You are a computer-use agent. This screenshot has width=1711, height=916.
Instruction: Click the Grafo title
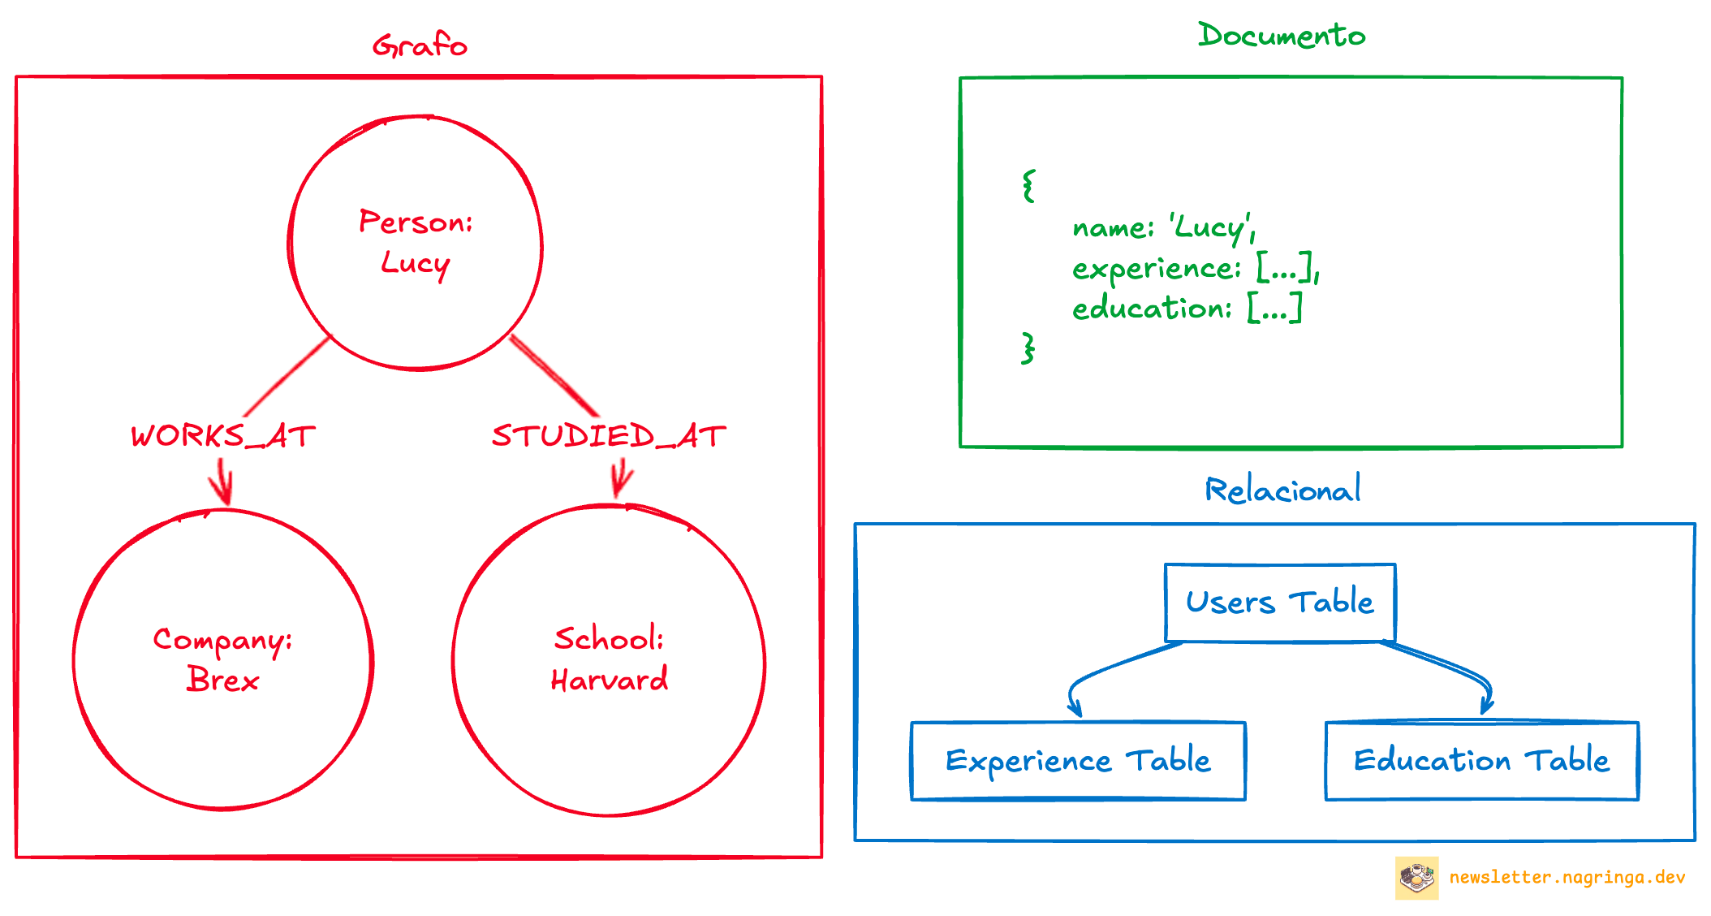pyautogui.click(x=420, y=45)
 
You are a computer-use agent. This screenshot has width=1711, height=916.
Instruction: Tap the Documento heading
pyautogui.click(x=1282, y=36)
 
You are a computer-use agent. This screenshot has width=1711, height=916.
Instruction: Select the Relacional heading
pyautogui.click(x=1282, y=490)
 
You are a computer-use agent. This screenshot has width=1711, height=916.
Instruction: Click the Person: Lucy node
pyautogui.click(x=416, y=243)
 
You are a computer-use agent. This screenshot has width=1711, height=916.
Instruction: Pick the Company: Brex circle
pyautogui.click(x=222, y=659)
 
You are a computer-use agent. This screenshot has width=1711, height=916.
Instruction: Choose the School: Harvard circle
pyautogui.click(x=609, y=659)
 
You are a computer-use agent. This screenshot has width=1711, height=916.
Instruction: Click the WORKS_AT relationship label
pyautogui.click(x=222, y=436)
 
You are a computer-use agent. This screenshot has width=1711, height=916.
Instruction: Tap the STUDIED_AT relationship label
pyautogui.click(x=609, y=436)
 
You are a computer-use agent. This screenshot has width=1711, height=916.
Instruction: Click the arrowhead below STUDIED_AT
pyautogui.click(x=620, y=484)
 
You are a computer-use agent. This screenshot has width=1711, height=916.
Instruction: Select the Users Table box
pyautogui.click(x=1280, y=602)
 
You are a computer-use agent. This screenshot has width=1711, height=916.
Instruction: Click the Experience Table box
pyautogui.click(x=1078, y=761)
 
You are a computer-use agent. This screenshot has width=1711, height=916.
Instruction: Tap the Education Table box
pyautogui.click(x=1481, y=761)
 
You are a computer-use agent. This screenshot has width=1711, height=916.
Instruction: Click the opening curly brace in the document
pyautogui.click(x=1028, y=186)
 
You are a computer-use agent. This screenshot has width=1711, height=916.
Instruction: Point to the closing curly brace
pyautogui.click(x=1028, y=348)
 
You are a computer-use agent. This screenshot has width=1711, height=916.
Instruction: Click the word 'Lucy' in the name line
pyautogui.click(x=1209, y=227)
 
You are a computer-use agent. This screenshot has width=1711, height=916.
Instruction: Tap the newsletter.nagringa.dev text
pyautogui.click(x=1567, y=877)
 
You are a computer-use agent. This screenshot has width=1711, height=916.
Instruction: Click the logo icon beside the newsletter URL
pyautogui.click(x=1416, y=877)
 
